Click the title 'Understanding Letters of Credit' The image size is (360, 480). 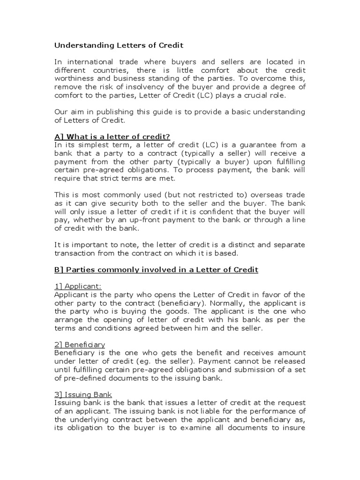click(x=119, y=45)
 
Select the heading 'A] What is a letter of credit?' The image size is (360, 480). click(x=112, y=136)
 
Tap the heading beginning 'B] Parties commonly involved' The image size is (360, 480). click(x=156, y=270)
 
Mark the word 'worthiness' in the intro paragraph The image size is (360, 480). click(x=75, y=78)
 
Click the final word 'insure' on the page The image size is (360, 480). click(x=294, y=428)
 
